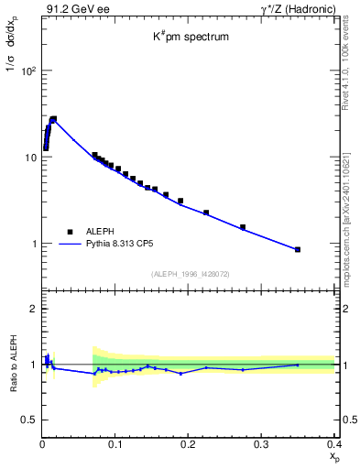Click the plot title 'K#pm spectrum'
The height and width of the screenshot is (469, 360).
tap(191, 38)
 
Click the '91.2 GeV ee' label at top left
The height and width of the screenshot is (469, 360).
tap(71, 9)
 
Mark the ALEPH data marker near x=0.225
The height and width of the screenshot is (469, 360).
tap(206, 213)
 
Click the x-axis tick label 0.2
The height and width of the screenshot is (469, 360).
tap(188, 444)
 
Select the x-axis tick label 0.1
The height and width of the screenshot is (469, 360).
tap(115, 444)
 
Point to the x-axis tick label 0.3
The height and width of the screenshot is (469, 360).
tap(261, 444)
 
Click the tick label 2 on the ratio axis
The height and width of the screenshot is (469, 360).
tap(34, 309)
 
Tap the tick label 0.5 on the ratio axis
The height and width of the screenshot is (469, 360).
tap(29, 420)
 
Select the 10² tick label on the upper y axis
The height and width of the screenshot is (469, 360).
tap(27, 71)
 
